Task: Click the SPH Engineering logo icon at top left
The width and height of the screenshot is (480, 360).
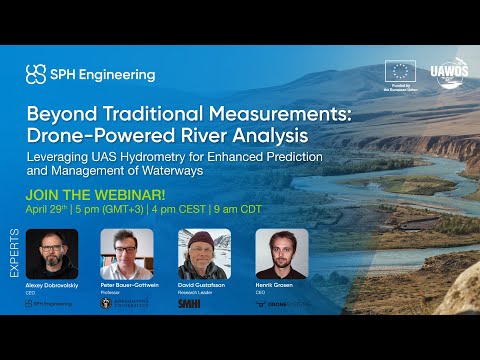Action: tap(35, 74)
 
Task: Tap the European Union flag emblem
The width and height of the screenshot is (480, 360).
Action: tap(400, 71)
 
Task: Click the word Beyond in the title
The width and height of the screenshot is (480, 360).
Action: tap(60, 112)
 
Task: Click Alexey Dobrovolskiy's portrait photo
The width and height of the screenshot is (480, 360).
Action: tap(51, 255)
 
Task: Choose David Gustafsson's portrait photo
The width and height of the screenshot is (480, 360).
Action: tap(204, 255)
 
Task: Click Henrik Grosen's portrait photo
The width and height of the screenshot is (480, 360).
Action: tap(281, 255)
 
